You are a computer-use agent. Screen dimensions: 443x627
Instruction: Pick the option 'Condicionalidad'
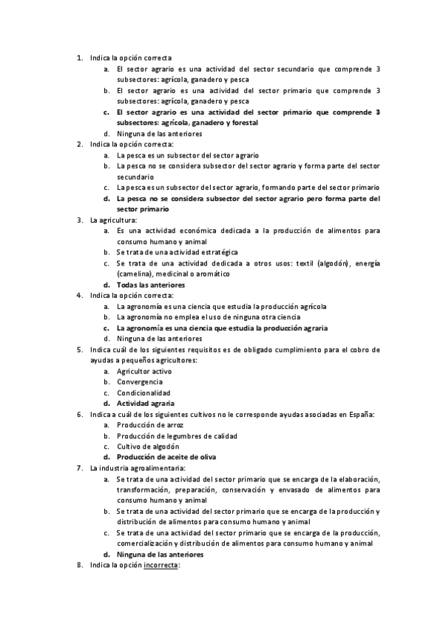(143, 393)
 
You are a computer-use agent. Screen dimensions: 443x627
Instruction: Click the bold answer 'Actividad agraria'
(145, 404)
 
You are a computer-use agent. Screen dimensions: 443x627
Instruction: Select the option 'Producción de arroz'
(149, 425)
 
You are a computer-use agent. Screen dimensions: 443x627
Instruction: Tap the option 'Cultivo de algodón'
(148, 447)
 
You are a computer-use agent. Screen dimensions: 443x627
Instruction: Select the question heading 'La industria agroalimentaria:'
(137, 468)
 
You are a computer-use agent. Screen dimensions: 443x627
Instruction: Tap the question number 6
(80, 415)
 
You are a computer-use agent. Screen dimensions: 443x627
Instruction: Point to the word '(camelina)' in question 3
(134, 274)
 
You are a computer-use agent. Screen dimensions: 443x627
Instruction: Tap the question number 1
(80, 58)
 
